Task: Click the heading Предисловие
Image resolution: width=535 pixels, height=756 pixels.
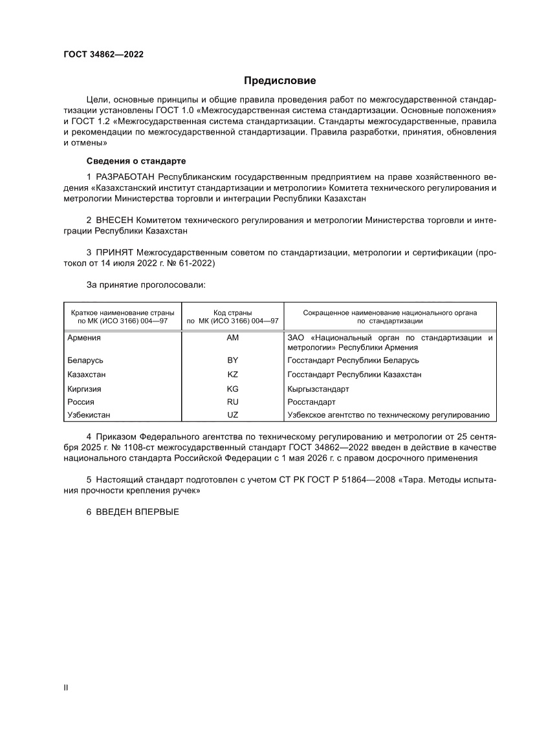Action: click(279, 81)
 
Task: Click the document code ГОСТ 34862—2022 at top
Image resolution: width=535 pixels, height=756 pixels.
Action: click(104, 54)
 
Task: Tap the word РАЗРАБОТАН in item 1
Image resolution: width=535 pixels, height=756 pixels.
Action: click(126, 176)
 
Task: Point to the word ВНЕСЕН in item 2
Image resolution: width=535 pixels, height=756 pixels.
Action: click(115, 220)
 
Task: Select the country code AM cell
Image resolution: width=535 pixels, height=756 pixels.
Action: click(232, 338)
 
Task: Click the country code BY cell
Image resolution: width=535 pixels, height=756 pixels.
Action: click(232, 360)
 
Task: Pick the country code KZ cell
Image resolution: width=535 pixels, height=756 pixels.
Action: click(232, 374)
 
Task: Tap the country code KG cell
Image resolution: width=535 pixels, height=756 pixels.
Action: click(232, 389)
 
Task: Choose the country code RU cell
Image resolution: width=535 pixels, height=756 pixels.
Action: click(232, 402)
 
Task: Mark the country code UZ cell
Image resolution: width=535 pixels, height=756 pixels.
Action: click(232, 415)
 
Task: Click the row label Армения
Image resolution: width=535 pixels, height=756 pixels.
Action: click(84, 338)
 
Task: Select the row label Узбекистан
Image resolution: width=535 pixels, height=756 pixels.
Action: click(89, 415)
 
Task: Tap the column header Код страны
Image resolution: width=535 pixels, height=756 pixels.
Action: click(232, 312)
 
